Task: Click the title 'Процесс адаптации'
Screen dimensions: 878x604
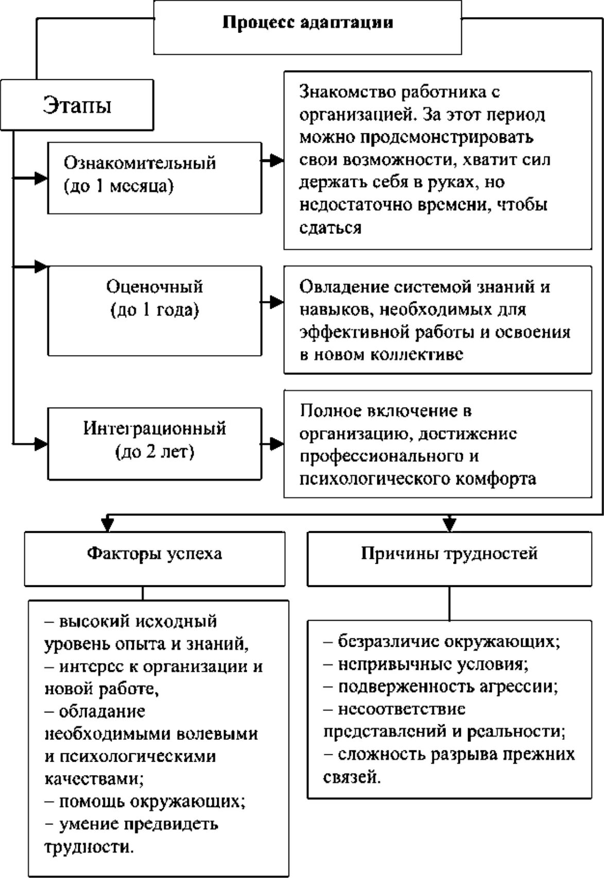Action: [x=307, y=23]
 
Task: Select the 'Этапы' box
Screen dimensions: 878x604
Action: [x=77, y=105]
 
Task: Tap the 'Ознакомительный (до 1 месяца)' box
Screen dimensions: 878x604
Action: [x=154, y=178]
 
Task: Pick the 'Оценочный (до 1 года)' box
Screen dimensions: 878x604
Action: [x=154, y=310]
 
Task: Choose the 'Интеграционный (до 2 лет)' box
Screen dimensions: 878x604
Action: [x=154, y=444]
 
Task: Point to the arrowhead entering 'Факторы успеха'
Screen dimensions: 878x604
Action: [x=107, y=525]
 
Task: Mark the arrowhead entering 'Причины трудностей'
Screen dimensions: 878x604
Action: [x=450, y=525]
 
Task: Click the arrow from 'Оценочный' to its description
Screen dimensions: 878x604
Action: [x=273, y=302]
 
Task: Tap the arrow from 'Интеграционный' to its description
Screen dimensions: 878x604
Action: [x=273, y=444]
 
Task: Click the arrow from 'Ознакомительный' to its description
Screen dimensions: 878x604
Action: [x=273, y=161]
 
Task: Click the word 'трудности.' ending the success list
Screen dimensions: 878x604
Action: [x=89, y=847]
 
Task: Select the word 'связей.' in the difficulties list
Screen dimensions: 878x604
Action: [x=352, y=777]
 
